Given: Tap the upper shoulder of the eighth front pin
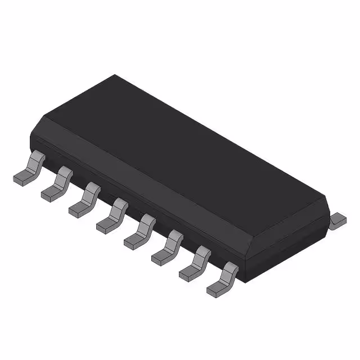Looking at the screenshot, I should pos(230,269).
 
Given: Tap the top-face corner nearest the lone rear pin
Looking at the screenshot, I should pos(327,196).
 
